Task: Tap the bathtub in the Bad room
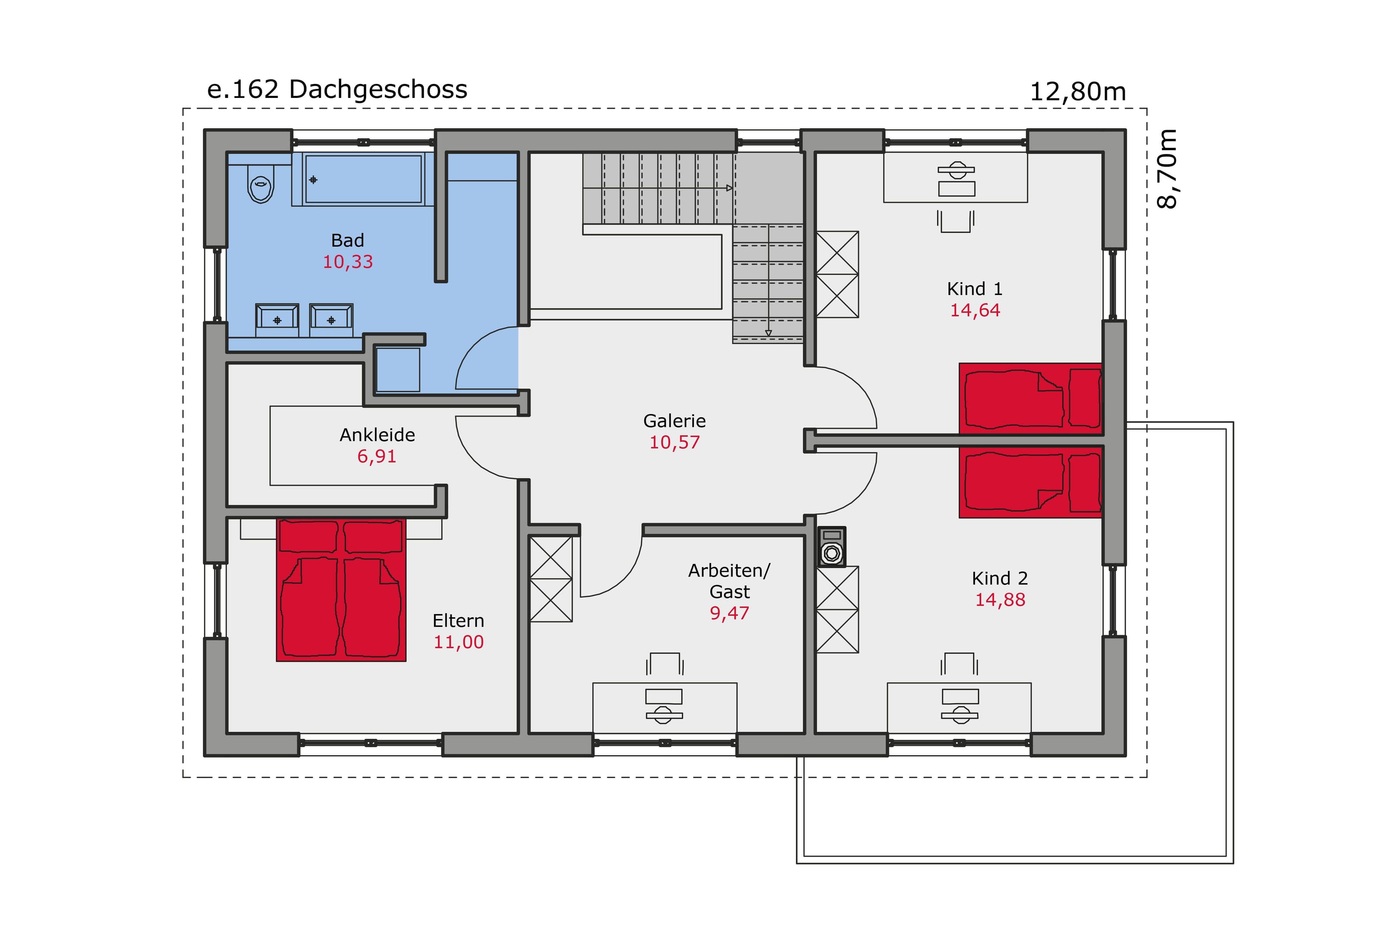[363, 179]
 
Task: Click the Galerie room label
[674, 421]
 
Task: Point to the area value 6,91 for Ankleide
[377, 456]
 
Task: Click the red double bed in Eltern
[341, 590]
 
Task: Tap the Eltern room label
[458, 621]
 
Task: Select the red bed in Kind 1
[1030, 398]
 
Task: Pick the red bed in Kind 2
[1030, 482]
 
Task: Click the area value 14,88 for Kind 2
[1000, 600]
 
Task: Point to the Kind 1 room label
[975, 289]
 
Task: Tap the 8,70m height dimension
[1167, 169]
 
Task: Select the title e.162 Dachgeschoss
[337, 90]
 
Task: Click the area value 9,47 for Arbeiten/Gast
[729, 613]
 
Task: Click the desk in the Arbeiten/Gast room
[665, 707]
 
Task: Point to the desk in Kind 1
[955, 177]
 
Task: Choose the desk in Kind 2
[959, 707]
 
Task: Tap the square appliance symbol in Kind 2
[831, 546]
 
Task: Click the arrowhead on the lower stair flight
[768, 333]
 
